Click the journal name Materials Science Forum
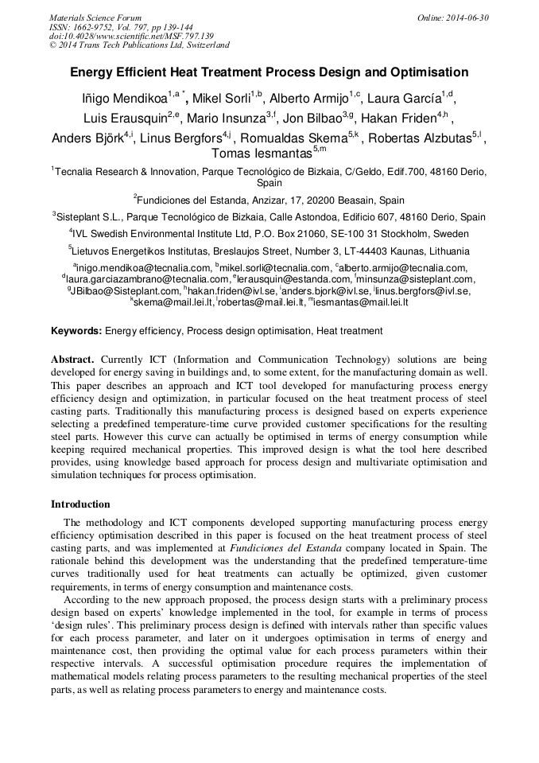point(95,17)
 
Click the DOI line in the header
point(131,36)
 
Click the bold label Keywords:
point(76,331)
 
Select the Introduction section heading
point(80,504)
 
